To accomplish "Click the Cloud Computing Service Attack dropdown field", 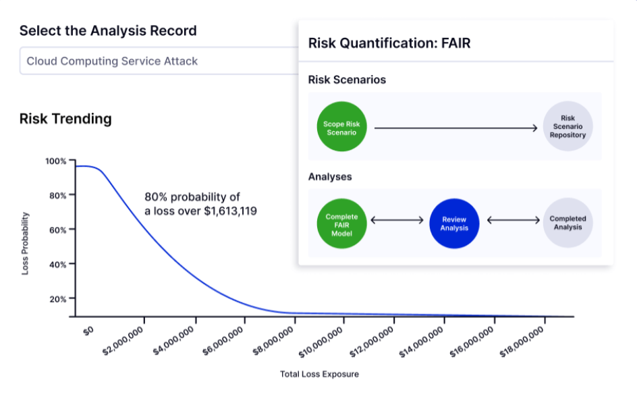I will (155, 61).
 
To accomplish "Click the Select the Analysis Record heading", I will (108, 30).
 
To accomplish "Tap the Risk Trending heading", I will (65, 119).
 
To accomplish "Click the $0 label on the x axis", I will (88, 331).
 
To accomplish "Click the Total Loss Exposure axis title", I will (319, 373).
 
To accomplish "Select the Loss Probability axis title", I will (25, 243).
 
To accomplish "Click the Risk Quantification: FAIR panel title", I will (389, 44).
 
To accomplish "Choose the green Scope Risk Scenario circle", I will (341, 127).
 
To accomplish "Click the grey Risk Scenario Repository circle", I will (567, 127).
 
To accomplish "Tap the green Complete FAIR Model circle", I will (341, 223).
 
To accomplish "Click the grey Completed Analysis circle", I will (567, 223).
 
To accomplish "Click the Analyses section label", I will (330, 177).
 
